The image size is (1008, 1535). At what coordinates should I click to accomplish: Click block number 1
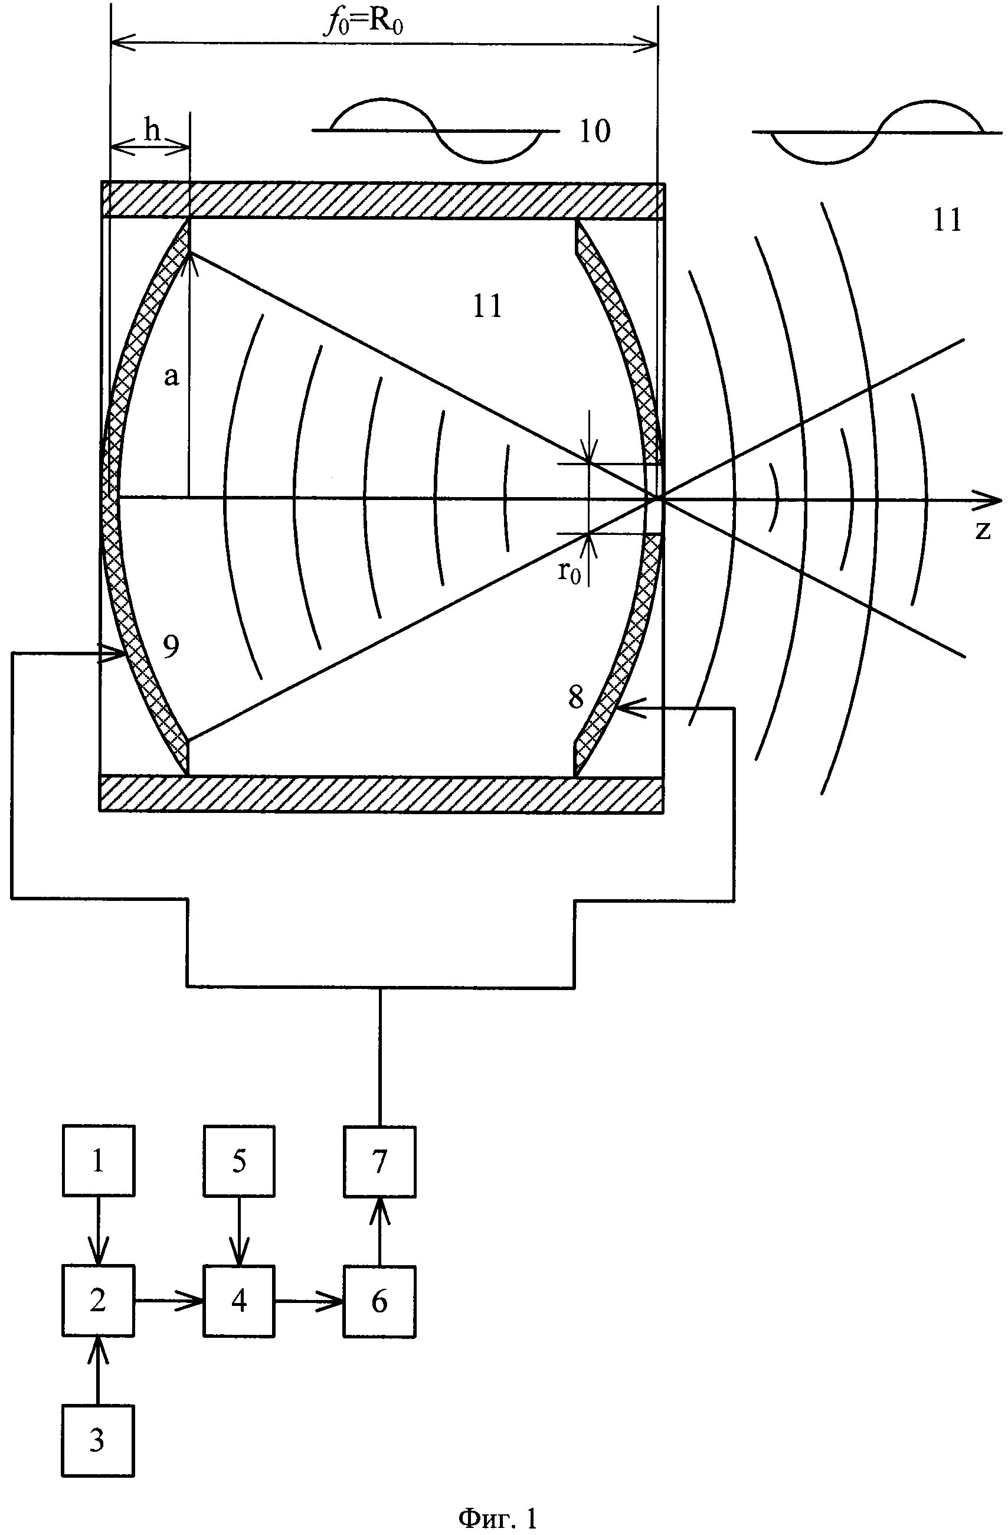[x=99, y=1161]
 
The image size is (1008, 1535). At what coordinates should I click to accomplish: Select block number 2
[x=99, y=1299]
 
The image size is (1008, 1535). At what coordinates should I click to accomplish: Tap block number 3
[x=98, y=1440]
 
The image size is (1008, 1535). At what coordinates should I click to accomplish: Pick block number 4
[x=238, y=1299]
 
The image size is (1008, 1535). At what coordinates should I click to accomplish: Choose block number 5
[x=238, y=1161]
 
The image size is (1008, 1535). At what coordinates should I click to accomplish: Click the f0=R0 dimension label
[x=367, y=23]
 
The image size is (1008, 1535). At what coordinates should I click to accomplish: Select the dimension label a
[x=171, y=376]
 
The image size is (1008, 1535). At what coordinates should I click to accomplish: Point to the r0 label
[x=569, y=571]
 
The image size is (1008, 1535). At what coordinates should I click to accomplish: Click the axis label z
[x=982, y=530]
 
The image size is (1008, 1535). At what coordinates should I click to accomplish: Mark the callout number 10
[x=594, y=131]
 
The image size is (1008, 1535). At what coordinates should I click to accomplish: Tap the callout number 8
[x=576, y=697]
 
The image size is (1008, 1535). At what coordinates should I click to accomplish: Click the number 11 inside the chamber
[x=487, y=306]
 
